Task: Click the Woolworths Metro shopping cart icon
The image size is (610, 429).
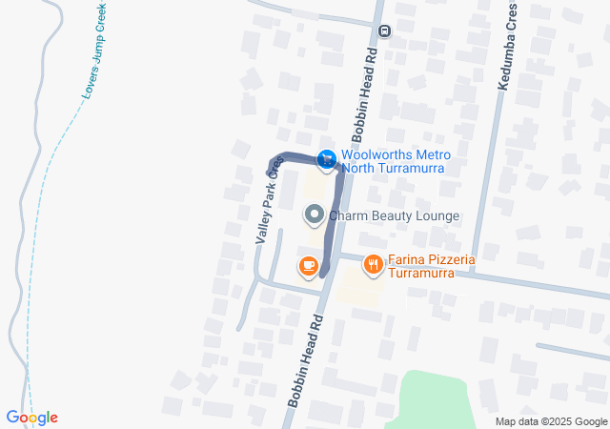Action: [x=327, y=158]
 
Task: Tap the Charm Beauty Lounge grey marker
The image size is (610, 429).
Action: [x=314, y=215]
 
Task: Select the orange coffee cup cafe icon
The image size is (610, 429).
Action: [x=307, y=266]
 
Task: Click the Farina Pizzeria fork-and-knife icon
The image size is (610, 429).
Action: [x=373, y=264]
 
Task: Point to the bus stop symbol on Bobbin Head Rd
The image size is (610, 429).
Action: [x=384, y=31]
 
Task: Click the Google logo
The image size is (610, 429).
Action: [x=31, y=418]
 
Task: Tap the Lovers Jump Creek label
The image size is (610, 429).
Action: [x=92, y=57]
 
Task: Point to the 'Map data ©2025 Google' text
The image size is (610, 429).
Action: [x=551, y=421]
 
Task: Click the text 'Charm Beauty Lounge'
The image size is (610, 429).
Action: [x=395, y=216]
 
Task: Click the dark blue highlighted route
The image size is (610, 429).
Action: [x=295, y=160]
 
